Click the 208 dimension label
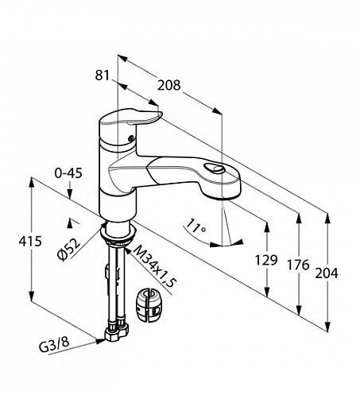(x=168, y=85)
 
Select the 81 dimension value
(x=103, y=76)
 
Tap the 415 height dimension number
(x=30, y=241)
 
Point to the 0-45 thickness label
(x=68, y=173)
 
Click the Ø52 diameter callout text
(x=69, y=250)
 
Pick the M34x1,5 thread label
(x=154, y=266)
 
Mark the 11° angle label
(x=195, y=227)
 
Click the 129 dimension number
(x=266, y=260)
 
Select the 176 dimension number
(x=298, y=265)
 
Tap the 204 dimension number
(x=327, y=273)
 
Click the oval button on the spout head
(x=214, y=168)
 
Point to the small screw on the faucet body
(x=130, y=138)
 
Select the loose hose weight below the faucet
(x=149, y=305)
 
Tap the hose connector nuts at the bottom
(x=117, y=331)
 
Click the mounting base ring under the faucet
(x=118, y=234)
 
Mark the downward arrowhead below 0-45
(x=69, y=194)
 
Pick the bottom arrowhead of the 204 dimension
(x=328, y=326)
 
